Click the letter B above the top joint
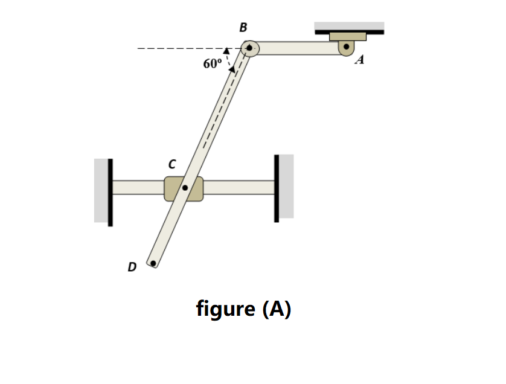(243, 27)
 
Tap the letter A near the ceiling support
(360, 60)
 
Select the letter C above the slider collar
(172, 164)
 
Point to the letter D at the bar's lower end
(132, 266)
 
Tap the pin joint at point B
(249, 48)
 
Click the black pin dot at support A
(347, 47)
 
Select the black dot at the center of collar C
(185, 188)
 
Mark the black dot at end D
(153, 263)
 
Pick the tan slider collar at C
(171, 188)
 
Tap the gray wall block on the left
(100, 190)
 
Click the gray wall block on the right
(286, 186)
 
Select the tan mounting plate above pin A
(347, 36)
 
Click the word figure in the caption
(226, 309)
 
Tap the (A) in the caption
(277, 309)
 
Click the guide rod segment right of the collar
(239, 188)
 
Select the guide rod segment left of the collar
(138, 188)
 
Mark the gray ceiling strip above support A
(349, 26)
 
